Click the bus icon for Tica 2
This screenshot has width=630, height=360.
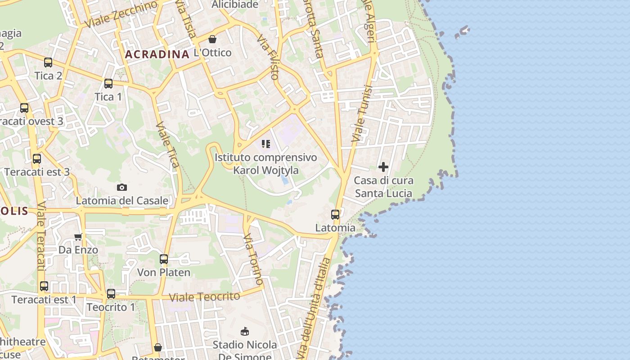pos(48,63)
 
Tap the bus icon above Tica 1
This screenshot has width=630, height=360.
pos(108,84)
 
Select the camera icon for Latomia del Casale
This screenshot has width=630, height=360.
pos(122,187)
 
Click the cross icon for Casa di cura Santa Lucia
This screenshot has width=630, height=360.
pos(383,167)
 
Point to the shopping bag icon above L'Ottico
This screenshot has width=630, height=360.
pos(212,39)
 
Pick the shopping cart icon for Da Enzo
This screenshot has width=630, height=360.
pos(78,237)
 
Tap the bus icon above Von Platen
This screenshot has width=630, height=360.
pos(164,259)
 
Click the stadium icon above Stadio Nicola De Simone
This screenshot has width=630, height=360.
pos(245,332)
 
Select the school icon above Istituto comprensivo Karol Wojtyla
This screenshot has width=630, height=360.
pos(266,144)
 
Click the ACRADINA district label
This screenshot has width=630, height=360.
pos(157,54)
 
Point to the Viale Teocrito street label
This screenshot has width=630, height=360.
pos(204,297)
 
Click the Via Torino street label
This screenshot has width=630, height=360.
pos(254,259)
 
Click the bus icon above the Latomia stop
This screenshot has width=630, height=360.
pos(335,214)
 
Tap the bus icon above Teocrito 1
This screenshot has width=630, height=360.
pos(111,294)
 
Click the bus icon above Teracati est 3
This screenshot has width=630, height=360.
pos(37,158)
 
